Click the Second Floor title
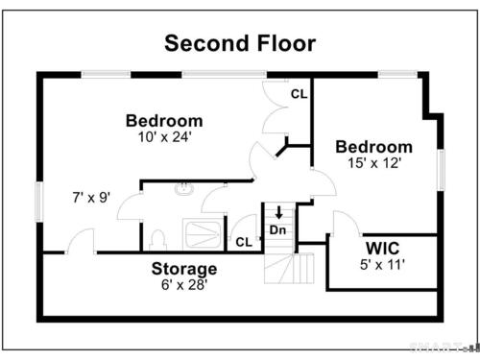tap(240, 43)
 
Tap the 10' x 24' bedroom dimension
tap(164, 137)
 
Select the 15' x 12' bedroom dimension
tap(374, 163)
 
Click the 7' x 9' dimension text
tap(91, 198)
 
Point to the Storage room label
tap(184, 270)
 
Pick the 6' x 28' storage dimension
tap(184, 284)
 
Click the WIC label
tap(382, 249)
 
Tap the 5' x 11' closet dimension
tap(382, 265)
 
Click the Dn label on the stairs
tap(277, 229)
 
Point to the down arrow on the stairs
tap(279, 212)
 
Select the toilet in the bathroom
tap(157, 240)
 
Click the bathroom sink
tap(184, 189)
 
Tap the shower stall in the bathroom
tap(202, 234)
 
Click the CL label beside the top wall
tap(300, 94)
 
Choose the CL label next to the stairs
tap(244, 242)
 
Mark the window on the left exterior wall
tap(39, 202)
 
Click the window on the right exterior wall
tap(441, 170)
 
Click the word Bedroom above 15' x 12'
tap(374, 147)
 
